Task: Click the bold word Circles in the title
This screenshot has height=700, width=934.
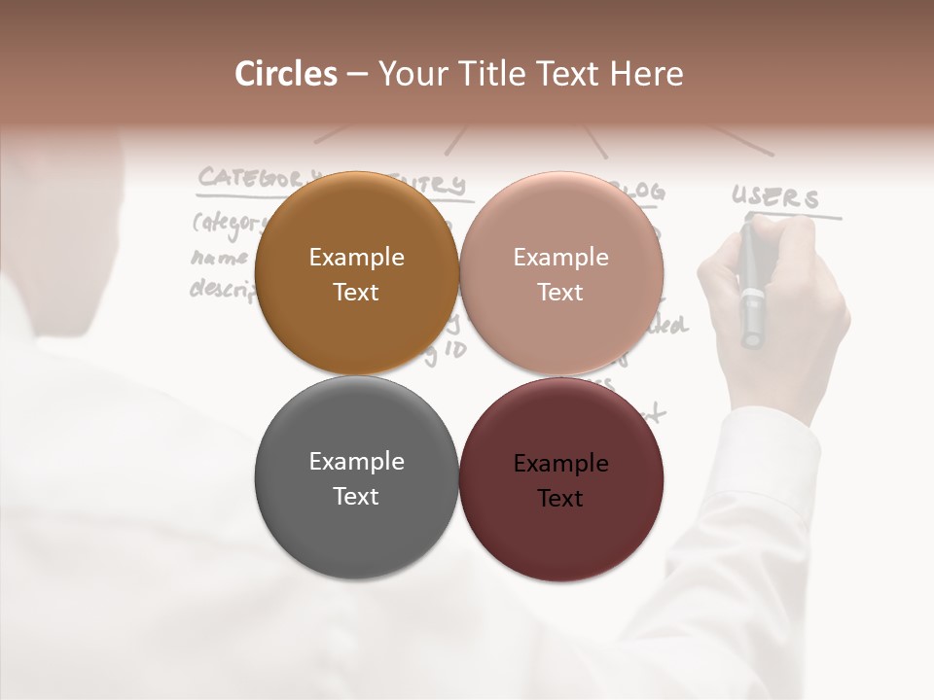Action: [x=286, y=74]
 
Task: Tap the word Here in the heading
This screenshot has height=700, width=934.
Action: [x=648, y=74]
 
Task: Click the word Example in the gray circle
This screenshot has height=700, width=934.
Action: [x=356, y=462]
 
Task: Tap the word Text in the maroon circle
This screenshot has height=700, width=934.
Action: [x=560, y=499]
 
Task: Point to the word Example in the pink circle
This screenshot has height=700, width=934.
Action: [x=560, y=258]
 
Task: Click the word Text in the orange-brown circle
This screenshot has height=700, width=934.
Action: [x=356, y=293]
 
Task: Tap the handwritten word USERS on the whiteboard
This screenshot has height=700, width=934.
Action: [x=775, y=197]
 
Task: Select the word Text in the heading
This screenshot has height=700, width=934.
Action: [x=566, y=74]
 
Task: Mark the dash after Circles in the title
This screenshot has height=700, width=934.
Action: [x=357, y=75]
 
